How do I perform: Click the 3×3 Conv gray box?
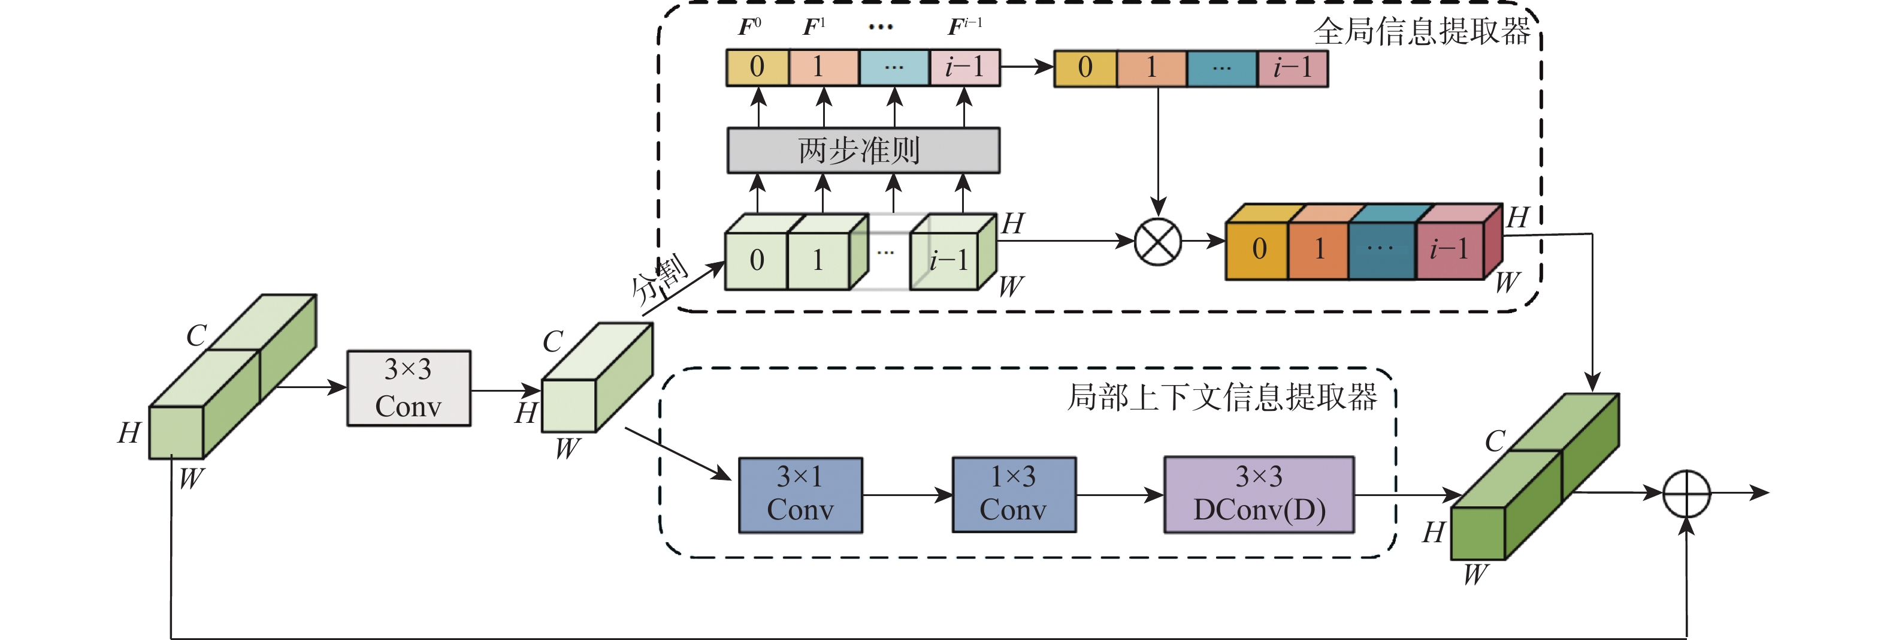(408, 388)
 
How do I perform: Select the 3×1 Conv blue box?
(800, 495)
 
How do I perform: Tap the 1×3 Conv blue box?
(1013, 495)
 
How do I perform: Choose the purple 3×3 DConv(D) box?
(1259, 495)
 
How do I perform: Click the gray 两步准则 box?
(863, 151)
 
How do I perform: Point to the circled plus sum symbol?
(1686, 494)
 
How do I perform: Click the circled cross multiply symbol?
(1157, 241)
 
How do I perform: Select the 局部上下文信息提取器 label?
(1222, 396)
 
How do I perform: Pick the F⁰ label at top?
(749, 27)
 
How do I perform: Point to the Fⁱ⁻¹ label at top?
(964, 27)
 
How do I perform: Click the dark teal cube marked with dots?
(1380, 250)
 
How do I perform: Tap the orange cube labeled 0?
(1258, 250)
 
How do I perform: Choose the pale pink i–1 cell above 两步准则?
(964, 67)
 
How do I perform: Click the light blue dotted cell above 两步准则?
(894, 67)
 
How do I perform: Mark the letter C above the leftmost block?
(196, 336)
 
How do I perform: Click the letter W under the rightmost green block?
(1475, 574)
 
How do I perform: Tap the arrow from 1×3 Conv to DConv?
(1119, 495)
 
